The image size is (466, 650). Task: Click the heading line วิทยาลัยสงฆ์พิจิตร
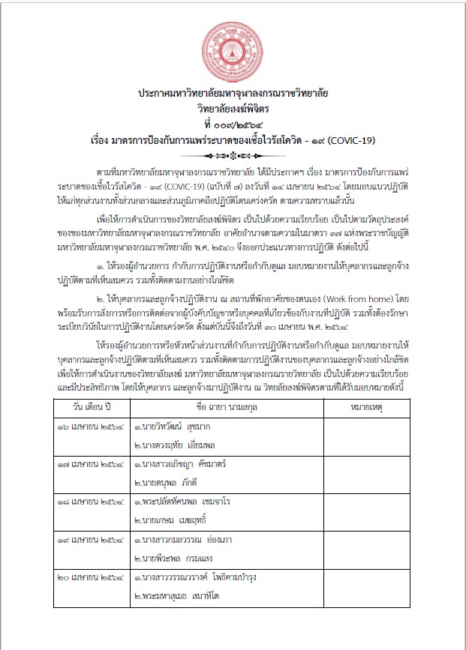point(233,108)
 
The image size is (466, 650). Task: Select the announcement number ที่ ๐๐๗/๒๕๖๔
point(233,122)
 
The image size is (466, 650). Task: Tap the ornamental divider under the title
point(233,155)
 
